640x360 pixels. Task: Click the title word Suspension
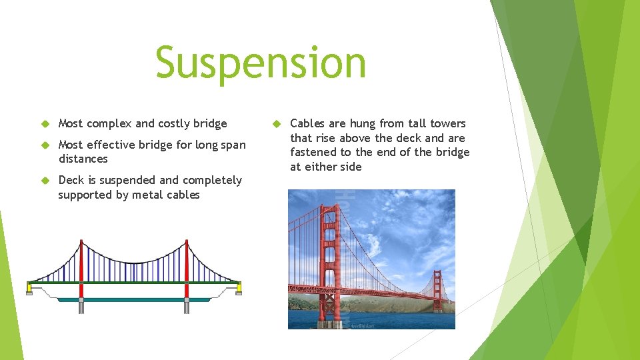click(261, 62)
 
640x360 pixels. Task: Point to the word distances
click(83, 159)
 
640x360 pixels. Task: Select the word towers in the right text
click(447, 123)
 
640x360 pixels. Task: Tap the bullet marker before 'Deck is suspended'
click(45, 181)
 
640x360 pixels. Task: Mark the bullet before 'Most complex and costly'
click(45, 124)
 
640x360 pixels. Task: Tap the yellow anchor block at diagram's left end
click(29, 287)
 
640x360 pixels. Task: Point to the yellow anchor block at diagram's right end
click(239, 287)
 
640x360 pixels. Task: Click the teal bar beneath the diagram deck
click(133, 299)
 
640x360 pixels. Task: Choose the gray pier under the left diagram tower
click(81, 306)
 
